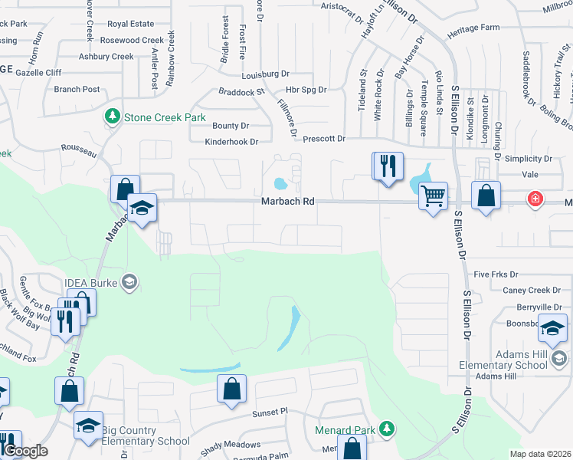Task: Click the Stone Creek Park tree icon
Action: point(113,117)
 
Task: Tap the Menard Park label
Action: point(346,430)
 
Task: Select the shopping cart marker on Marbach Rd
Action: point(433,196)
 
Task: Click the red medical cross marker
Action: point(533,199)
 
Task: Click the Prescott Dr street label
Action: point(325,140)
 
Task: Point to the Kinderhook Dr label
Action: point(232,142)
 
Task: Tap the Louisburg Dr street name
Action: point(264,74)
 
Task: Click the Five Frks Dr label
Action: point(496,274)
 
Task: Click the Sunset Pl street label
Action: point(269,412)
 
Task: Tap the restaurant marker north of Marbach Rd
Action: point(387,166)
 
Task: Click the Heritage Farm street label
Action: point(473,28)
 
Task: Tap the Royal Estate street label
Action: point(130,24)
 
